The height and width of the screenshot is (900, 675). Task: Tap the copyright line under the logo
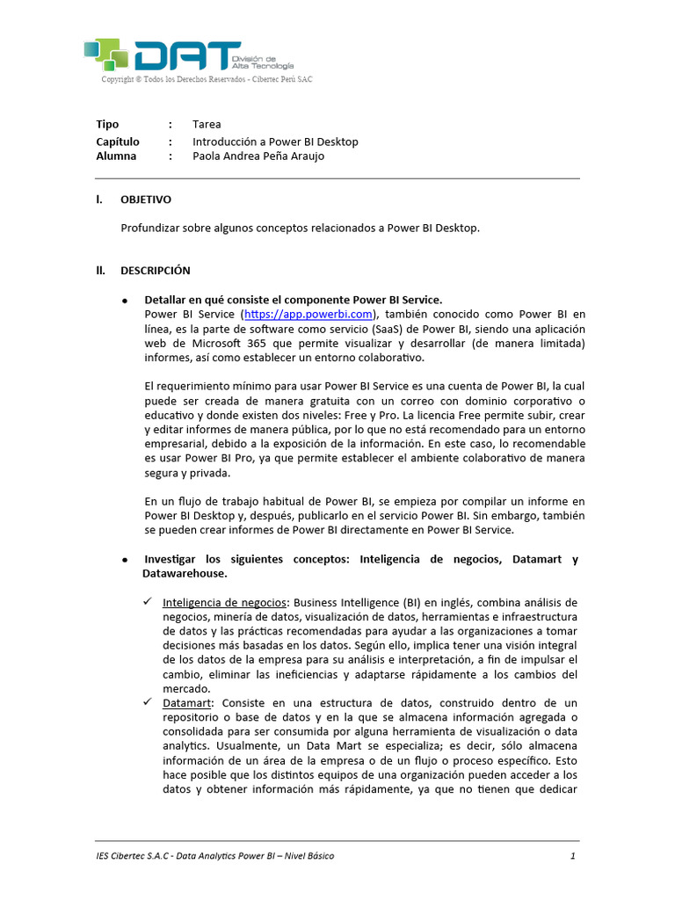[x=207, y=79]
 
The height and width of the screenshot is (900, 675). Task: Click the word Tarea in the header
[x=207, y=124]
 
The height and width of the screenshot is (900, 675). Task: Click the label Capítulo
[x=118, y=142]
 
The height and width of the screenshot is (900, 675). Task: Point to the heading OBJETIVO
[x=146, y=200]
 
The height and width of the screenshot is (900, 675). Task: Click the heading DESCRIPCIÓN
[x=156, y=270]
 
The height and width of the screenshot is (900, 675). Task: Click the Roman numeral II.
[x=100, y=270]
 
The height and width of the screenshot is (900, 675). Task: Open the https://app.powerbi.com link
[x=308, y=314]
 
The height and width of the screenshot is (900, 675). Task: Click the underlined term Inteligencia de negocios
[x=225, y=603]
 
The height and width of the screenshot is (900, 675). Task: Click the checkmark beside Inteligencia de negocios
[x=147, y=602]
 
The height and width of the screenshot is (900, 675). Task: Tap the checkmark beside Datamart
[x=147, y=702]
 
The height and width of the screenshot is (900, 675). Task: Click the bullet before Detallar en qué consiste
[x=125, y=301]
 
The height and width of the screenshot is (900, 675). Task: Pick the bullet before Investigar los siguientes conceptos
[x=125, y=560]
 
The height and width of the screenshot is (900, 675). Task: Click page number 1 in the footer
[x=573, y=855]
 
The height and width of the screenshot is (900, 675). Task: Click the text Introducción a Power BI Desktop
[x=275, y=142]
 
